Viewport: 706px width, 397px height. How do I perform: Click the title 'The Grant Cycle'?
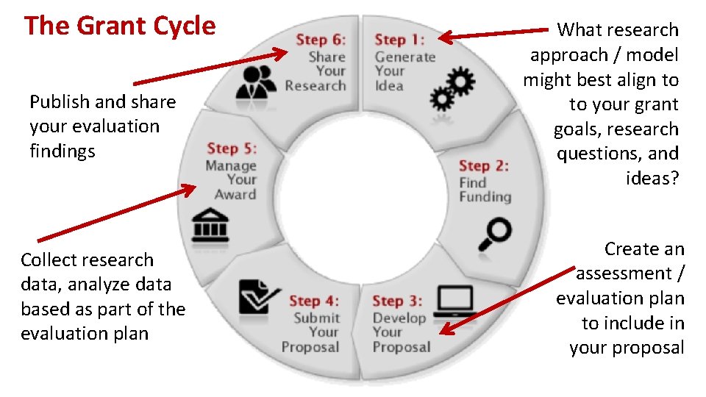(120, 26)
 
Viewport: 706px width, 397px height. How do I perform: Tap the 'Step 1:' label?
(399, 40)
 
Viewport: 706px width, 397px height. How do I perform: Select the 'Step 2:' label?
(483, 166)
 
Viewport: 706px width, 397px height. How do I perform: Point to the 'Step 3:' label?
(397, 301)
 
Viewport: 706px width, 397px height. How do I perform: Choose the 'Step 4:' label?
(314, 301)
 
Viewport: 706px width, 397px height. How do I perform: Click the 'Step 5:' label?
(232, 149)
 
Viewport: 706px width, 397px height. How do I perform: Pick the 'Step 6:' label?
(321, 40)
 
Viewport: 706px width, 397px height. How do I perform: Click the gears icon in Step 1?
(453, 87)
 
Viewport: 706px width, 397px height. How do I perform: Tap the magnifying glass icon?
(494, 234)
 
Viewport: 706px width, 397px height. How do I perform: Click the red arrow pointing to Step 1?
(500, 33)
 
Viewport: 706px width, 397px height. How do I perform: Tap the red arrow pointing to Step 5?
(118, 213)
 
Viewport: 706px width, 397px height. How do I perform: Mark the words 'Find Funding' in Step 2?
(484, 190)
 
